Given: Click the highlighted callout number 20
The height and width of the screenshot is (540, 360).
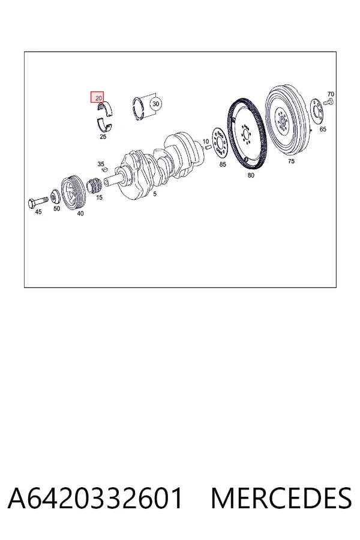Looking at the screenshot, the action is coord(99,98).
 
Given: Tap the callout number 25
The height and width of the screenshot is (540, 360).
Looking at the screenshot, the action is coord(103,137).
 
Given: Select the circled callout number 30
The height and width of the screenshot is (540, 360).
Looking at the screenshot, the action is coord(156,104).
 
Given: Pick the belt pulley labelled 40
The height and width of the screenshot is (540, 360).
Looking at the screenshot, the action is coord(73,192).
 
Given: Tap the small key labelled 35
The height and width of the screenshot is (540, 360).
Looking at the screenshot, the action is coord(104,170).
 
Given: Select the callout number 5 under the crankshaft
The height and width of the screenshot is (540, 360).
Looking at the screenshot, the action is coord(155,194).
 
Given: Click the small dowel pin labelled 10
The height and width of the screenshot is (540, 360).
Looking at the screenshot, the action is coord(208,148).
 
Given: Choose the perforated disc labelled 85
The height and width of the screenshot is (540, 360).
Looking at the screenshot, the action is coord(219,143).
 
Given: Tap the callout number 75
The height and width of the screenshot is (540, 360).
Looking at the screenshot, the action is coord(291,161).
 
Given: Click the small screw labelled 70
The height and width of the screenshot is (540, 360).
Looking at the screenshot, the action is coord(328,101).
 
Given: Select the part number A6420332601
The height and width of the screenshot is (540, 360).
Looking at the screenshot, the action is coord(95,498).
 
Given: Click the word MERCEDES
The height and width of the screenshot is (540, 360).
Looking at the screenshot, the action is coord(281,498).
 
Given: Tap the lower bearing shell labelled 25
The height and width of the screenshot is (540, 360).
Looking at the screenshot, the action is coord(104,125).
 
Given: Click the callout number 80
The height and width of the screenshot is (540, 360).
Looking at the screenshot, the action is coord(251,175).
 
